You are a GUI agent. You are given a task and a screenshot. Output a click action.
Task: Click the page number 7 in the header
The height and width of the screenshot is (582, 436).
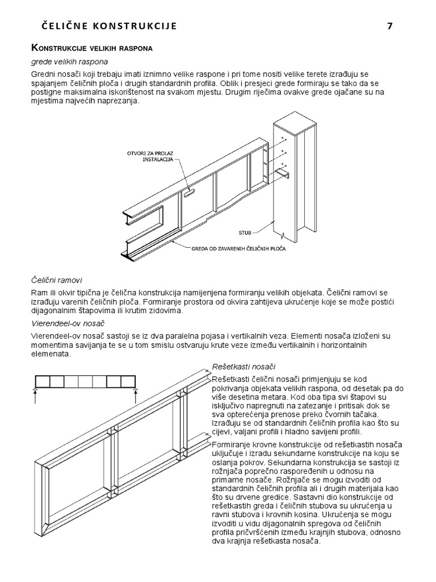point(389,26)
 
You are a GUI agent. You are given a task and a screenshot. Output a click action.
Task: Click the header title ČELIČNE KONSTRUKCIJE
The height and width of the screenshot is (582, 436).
point(110,26)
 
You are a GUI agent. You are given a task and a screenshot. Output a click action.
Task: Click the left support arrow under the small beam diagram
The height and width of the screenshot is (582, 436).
point(36,395)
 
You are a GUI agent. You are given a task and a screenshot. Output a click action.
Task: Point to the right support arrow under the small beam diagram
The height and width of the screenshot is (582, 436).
point(135,395)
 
